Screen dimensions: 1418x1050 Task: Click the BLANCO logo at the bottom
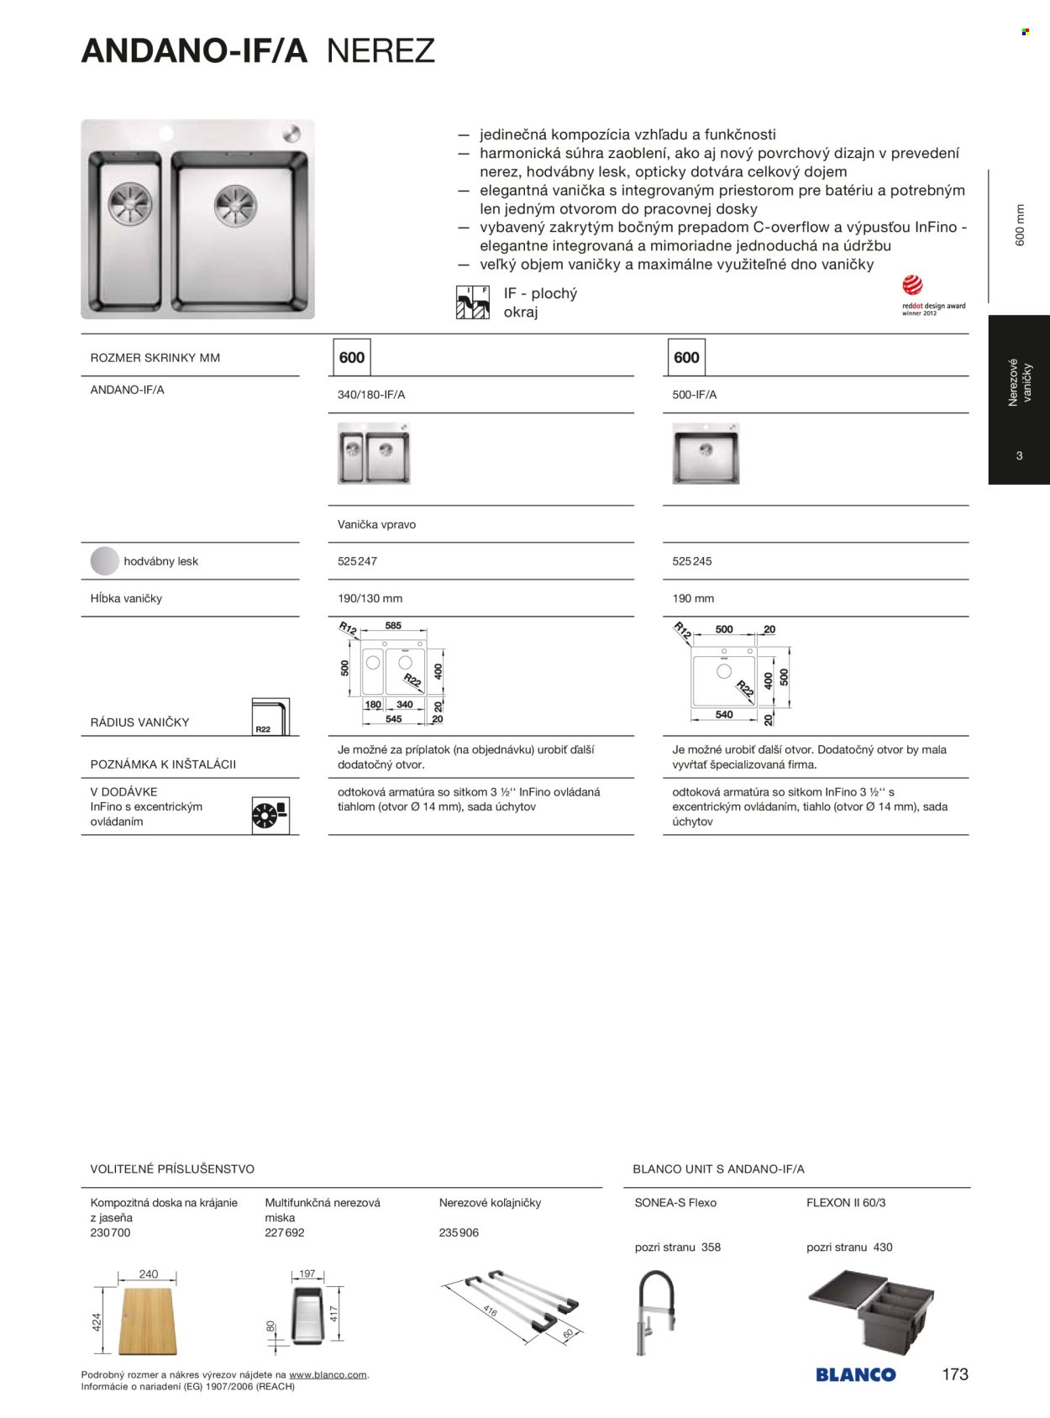tap(855, 1374)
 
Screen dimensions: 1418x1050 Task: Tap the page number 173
tap(955, 1374)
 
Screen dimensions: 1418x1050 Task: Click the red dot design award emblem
tap(913, 286)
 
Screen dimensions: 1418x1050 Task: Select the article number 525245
tap(691, 561)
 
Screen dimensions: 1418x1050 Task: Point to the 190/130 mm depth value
tap(370, 598)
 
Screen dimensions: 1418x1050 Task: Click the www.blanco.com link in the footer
tap(328, 1375)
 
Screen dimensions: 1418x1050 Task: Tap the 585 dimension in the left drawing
tap(393, 626)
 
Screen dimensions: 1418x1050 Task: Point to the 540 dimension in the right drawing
tap(724, 715)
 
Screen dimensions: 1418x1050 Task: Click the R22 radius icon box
tap(270, 717)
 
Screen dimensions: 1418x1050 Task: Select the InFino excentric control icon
tap(270, 815)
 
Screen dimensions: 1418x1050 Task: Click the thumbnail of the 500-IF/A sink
tap(706, 453)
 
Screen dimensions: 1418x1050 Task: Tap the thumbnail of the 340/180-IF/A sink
tap(374, 453)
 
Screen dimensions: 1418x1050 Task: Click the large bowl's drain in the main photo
tap(234, 206)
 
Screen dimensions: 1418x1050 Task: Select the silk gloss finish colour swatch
tap(105, 561)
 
